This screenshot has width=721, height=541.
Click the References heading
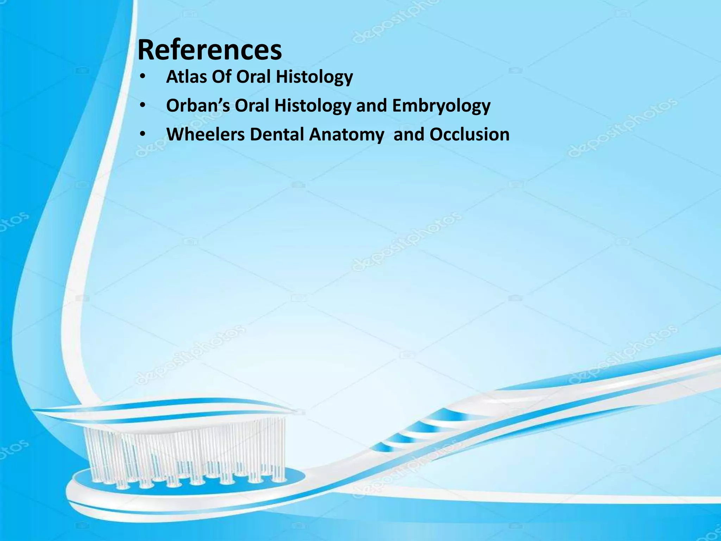pos(210,50)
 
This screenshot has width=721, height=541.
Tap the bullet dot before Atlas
pos(142,77)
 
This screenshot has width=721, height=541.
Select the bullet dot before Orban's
pos(142,106)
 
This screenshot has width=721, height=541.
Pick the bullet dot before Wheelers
pos(142,135)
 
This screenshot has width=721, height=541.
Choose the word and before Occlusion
pos(409,134)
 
